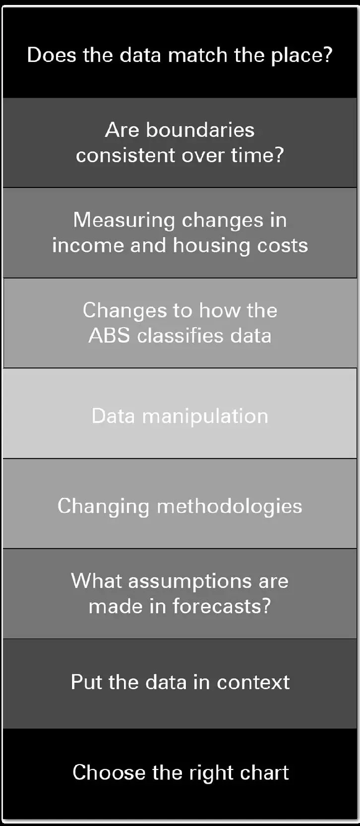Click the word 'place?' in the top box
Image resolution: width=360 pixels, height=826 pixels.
(x=301, y=56)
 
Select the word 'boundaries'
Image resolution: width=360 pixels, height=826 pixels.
(x=200, y=130)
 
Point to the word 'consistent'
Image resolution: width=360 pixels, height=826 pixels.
(x=125, y=155)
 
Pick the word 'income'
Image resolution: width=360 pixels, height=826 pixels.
(x=88, y=246)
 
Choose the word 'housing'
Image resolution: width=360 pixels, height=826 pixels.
(x=212, y=246)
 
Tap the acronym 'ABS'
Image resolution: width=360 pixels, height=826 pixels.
(x=109, y=336)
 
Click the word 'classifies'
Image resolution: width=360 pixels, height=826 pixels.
(x=180, y=336)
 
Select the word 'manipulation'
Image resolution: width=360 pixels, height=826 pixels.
(x=205, y=416)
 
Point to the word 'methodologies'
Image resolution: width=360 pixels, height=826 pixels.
(x=230, y=506)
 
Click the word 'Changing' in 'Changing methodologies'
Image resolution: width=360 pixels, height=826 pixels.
(x=103, y=506)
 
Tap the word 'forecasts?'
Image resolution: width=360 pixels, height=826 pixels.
(x=222, y=606)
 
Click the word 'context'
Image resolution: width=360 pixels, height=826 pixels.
(x=253, y=682)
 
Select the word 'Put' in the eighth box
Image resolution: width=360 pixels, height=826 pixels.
(x=86, y=682)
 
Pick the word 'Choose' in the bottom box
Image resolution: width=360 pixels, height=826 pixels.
(x=109, y=772)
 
